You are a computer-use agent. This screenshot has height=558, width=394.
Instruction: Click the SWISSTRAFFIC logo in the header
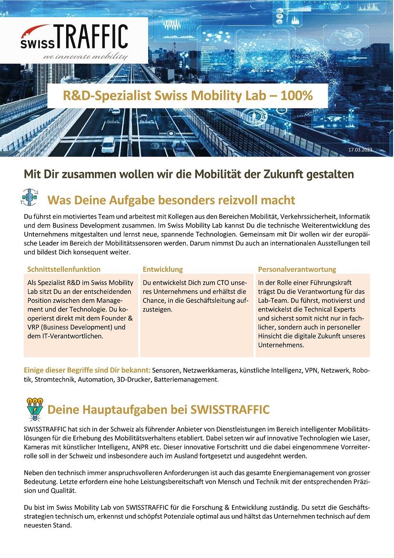(x=74, y=37)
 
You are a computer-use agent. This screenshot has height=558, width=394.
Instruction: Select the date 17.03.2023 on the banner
(x=361, y=150)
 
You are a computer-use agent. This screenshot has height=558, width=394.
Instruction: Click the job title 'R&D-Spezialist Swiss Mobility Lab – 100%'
(x=188, y=96)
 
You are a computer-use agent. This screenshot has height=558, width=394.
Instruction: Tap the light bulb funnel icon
(x=34, y=409)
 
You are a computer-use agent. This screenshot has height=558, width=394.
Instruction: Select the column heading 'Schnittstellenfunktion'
(x=64, y=269)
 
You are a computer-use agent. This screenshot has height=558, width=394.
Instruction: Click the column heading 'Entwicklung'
(x=162, y=269)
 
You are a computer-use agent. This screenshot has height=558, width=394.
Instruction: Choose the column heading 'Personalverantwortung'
(x=297, y=269)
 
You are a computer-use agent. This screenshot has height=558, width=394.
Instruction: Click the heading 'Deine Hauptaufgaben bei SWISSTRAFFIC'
(x=158, y=410)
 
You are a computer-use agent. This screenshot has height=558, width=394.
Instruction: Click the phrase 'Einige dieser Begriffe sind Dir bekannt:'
(x=87, y=371)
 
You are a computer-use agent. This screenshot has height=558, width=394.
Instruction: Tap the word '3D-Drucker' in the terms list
(x=134, y=380)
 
